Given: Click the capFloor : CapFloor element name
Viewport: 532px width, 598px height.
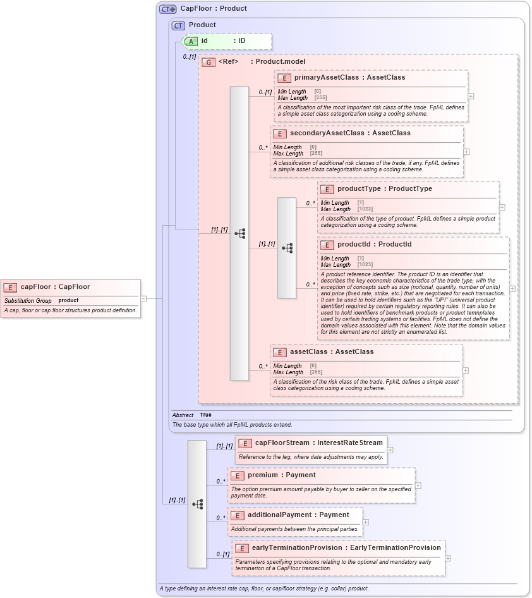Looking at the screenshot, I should click(x=55, y=287).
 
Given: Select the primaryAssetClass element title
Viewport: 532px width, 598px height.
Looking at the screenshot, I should click(x=349, y=78).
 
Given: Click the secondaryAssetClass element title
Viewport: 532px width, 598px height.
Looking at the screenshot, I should click(x=349, y=133).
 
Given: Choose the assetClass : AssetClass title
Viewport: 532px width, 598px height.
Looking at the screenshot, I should click(x=332, y=352).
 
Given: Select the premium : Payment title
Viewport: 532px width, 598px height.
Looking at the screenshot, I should click(x=281, y=475).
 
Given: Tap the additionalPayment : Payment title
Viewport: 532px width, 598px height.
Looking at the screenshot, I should click(x=298, y=515).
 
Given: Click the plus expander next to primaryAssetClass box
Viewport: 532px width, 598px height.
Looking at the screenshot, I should click(x=471, y=96).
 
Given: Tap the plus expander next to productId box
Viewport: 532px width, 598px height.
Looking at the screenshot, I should click(x=512, y=288).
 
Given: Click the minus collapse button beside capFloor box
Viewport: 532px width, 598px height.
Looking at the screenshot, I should click(x=143, y=298).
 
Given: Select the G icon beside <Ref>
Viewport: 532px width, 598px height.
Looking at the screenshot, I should click(x=208, y=62).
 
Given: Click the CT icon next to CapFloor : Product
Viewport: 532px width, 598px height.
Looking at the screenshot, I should click(x=167, y=9).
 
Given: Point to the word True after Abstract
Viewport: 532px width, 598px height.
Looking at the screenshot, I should click(x=206, y=415).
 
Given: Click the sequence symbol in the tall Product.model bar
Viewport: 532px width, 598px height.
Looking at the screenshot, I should click(x=239, y=233).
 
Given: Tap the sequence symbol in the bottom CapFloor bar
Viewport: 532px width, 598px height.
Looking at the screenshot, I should click(x=197, y=504).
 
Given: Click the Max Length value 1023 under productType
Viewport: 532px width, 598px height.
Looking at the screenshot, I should click(x=365, y=209).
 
